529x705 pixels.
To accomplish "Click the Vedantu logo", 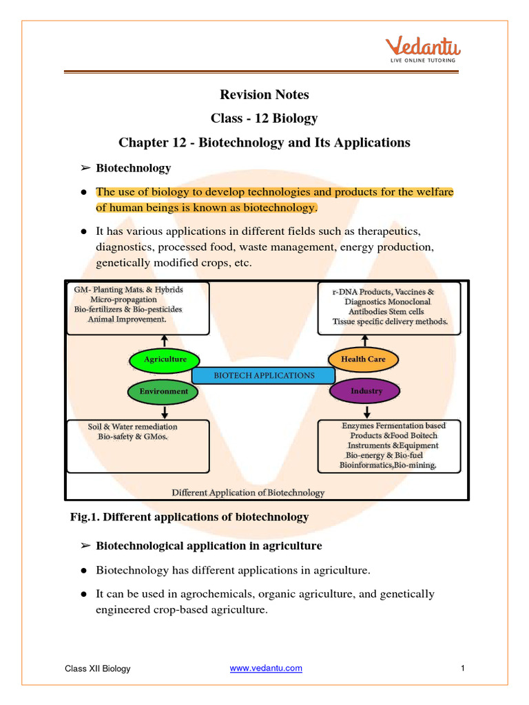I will coord(422,50).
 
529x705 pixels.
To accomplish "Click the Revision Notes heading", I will coord(264,94).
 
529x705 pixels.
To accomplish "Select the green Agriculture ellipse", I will coord(165,359).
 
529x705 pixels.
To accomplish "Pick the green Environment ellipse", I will coord(164,391).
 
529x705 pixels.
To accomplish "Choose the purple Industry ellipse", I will coord(366,391).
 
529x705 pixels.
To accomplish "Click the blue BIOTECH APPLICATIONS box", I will coord(264,375).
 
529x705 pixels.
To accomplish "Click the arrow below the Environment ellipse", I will coord(165,411).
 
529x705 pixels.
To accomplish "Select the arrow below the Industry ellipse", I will coord(366,411).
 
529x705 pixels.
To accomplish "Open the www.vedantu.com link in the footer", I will coord(265,668).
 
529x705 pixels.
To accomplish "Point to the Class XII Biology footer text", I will coord(98,669).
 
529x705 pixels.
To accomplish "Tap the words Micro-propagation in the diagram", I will coord(127,300).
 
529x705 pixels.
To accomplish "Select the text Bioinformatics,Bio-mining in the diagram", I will coord(388,465).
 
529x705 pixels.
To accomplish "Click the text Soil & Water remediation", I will coord(132,427).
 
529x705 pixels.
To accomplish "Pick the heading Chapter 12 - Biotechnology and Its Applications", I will coord(264,143).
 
